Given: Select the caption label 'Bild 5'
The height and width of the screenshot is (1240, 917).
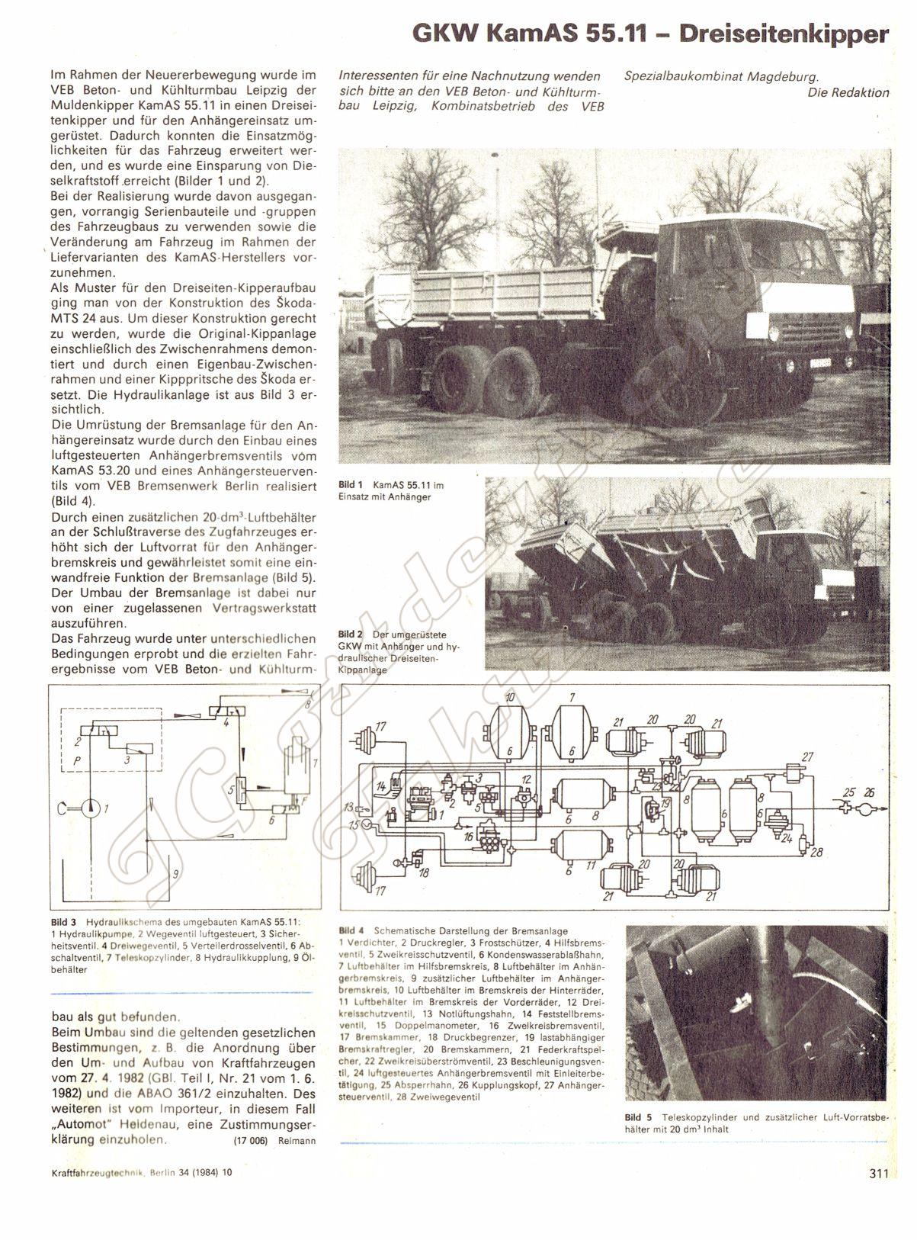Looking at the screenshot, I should (637, 1116).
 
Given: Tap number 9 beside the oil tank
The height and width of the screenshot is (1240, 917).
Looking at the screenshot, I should (175, 874).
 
